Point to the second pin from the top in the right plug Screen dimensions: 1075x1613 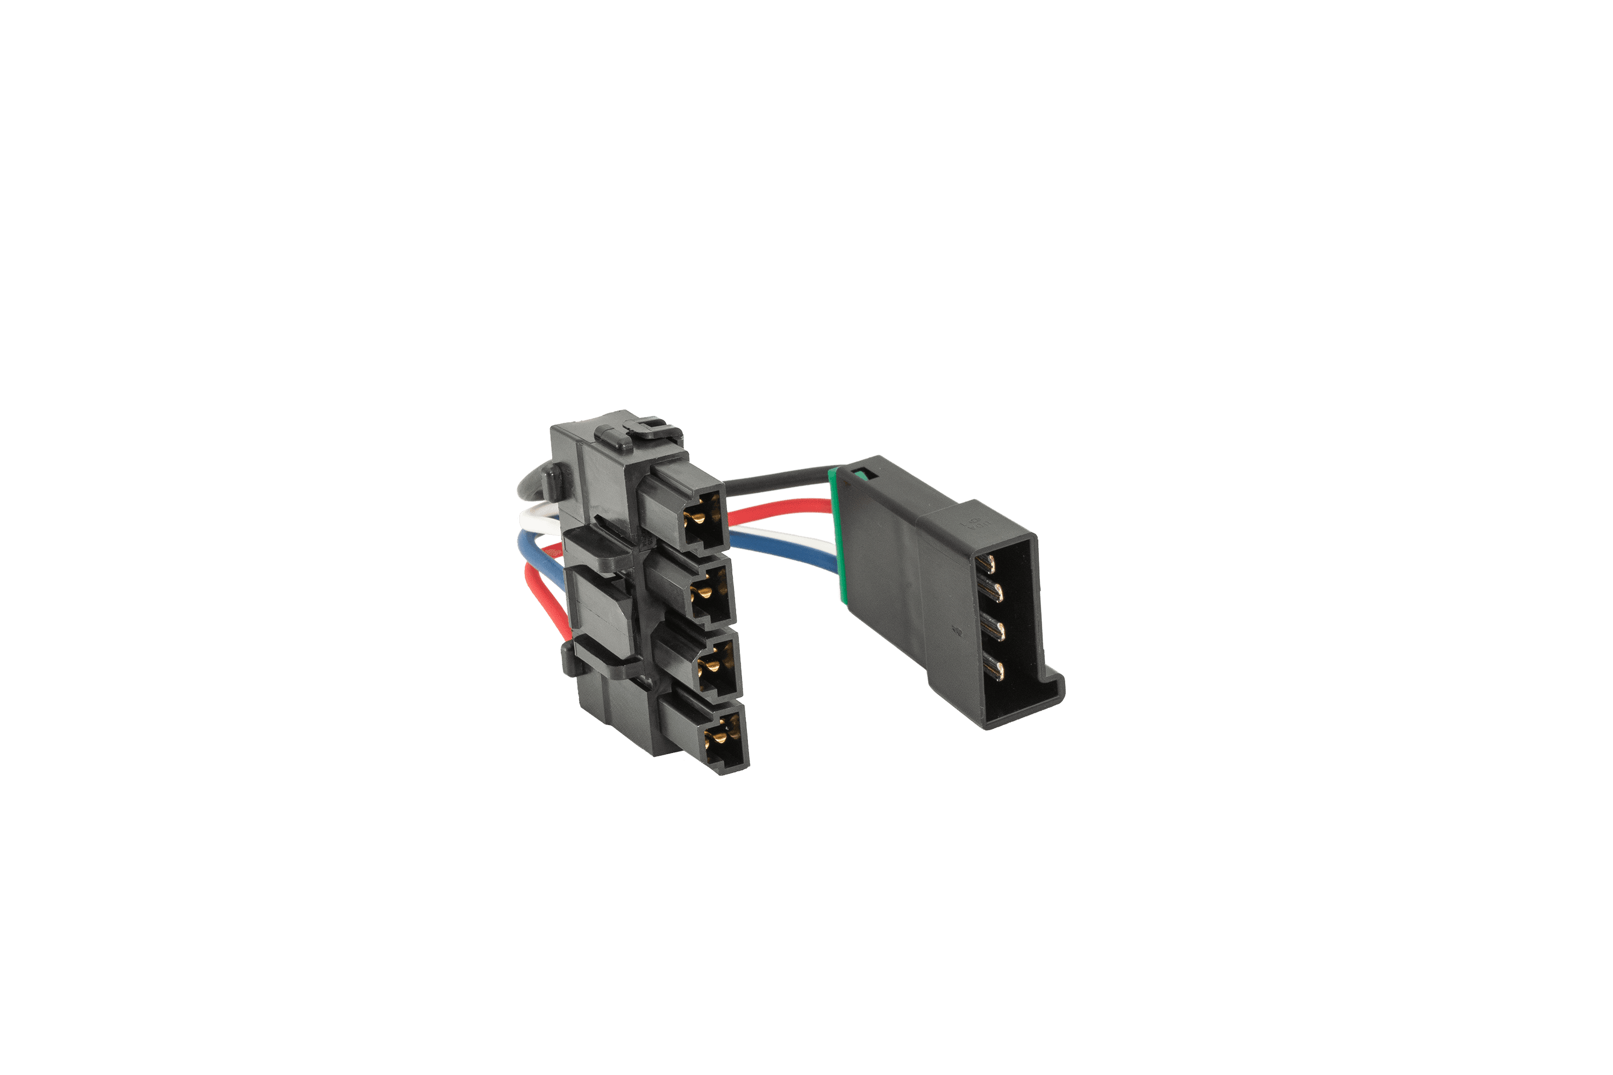[x=993, y=591]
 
